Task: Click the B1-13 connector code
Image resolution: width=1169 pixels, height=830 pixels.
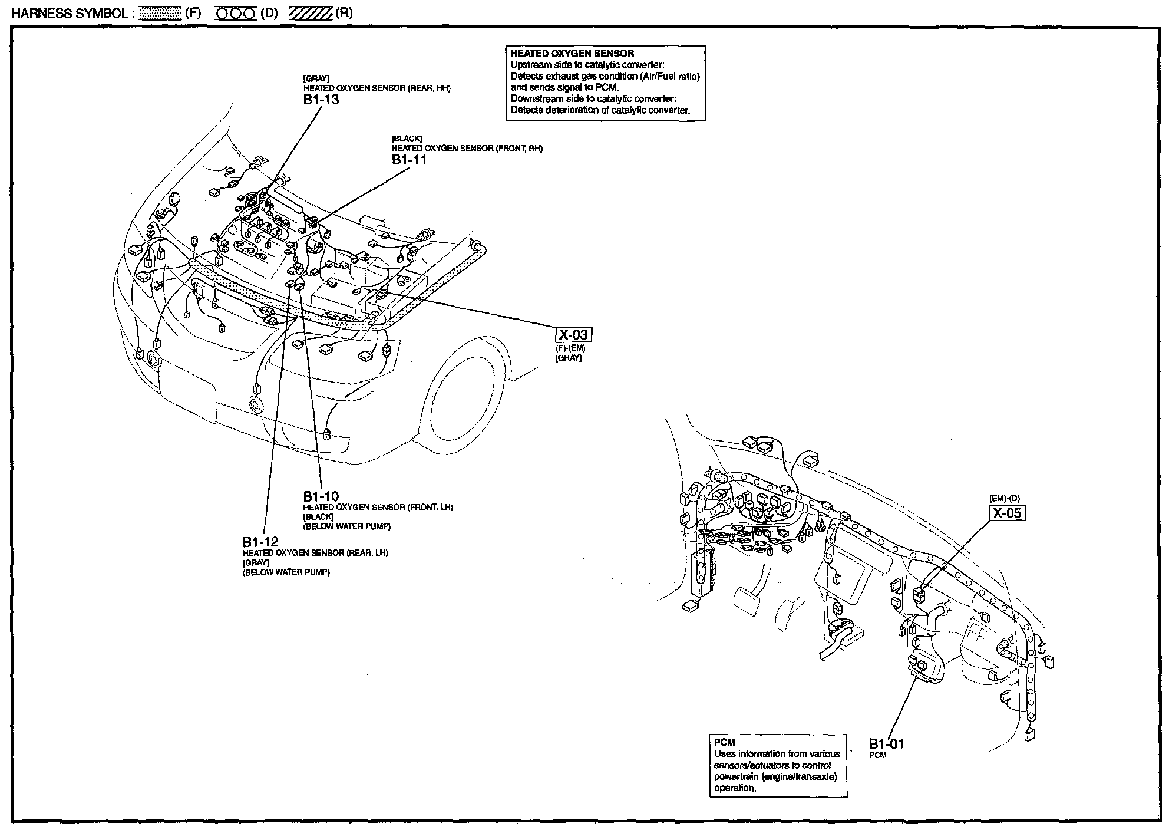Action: [x=321, y=100]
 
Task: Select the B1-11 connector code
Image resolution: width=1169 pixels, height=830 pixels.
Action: [x=409, y=160]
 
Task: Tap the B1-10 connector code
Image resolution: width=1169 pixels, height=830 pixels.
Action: [x=321, y=496]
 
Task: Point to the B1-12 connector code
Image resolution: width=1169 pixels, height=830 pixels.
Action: [x=260, y=542]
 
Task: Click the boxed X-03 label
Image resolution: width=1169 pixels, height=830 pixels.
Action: [x=573, y=335]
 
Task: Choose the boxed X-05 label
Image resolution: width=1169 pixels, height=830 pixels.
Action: [x=1007, y=513]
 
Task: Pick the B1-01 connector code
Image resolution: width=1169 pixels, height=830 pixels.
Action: [x=886, y=744]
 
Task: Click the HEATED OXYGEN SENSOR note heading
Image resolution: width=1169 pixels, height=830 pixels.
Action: [x=572, y=54]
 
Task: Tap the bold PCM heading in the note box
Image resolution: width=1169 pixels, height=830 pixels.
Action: [x=724, y=743]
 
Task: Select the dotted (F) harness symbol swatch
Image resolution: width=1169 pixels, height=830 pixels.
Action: [x=158, y=14]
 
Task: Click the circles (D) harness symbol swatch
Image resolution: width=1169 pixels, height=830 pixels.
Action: [x=236, y=14]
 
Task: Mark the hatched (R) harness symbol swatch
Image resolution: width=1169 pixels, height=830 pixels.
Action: [x=311, y=14]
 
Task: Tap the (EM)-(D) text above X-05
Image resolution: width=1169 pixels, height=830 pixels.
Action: [x=1005, y=499]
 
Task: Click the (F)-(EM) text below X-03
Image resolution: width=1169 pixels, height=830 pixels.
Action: [x=570, y=348]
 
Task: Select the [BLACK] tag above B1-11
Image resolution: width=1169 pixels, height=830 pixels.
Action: [x=407, y=139]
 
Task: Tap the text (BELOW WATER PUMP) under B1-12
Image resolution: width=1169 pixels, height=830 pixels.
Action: [x=286, y=572]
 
